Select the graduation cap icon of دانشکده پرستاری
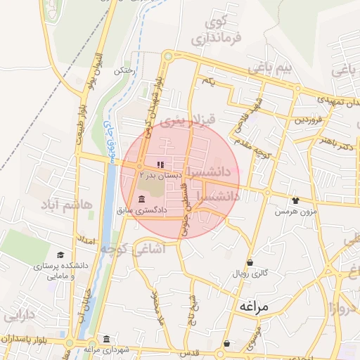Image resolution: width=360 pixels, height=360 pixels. click(x=60, y=255)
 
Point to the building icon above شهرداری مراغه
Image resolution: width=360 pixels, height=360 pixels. click(x=105, y=337)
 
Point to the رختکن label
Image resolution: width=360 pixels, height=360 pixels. click(x=124, y=71)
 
